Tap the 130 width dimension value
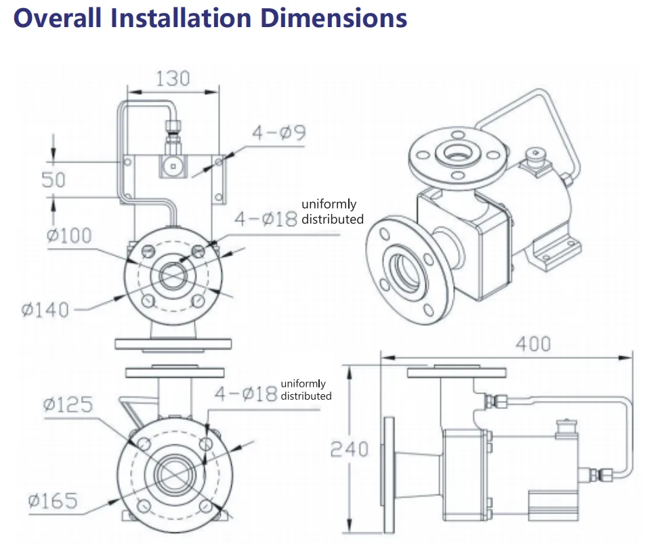tap(173, 78)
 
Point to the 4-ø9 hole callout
tap(279, 132)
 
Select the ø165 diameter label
tap(53, 501)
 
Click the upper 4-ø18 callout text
tap(266, 219)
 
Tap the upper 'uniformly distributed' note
tap(333, 211)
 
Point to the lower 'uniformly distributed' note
tap(306, 389)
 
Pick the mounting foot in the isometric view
tap(558, 255)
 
